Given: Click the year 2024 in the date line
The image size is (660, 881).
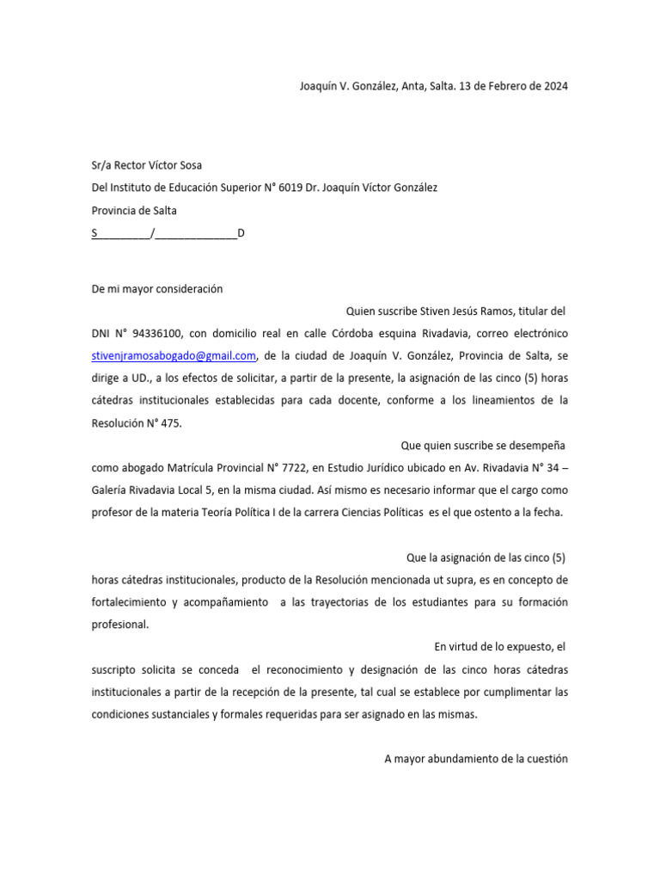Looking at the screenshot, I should pos(554,86).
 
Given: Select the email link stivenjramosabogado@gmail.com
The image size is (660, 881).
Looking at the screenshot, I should pos(174,355).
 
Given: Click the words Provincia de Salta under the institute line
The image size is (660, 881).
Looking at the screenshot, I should pos(134,210).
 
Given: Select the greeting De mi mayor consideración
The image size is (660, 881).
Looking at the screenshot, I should pos(157,289).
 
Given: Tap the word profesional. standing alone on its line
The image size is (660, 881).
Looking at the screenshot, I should pos(120,625).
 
